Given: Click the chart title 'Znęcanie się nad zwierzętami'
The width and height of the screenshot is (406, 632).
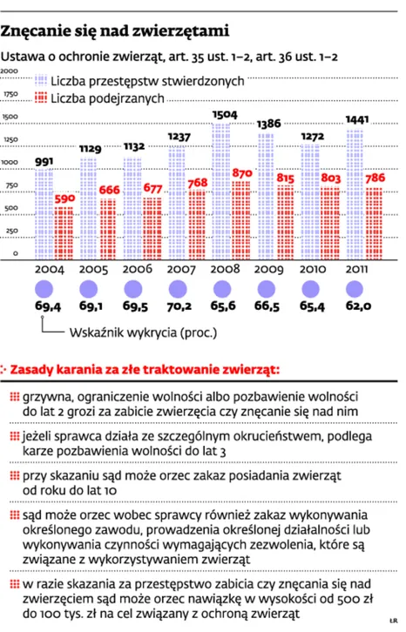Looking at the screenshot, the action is pyautogui.click(x=115, y=31).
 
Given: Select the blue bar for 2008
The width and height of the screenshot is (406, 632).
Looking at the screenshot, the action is pyautogui.click(x=221, y=191).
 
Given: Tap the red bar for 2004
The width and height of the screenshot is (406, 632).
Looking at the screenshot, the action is pyautogui.click(x=64, y=233).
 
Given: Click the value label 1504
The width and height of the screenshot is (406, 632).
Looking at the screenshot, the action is pyautogui.click(x=225, y=114).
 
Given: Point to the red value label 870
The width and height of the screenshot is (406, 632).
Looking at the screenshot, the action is pyautogui.click(x=242, y=173).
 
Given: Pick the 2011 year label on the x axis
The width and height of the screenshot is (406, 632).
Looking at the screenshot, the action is pyautogui.click(x=356, y=269).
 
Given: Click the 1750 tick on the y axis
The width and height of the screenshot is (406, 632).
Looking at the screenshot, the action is pyautogui.click(x=11, y=94).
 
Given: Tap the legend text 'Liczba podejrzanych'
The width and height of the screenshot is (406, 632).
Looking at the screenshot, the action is pyautogui.click(x=107, y=98).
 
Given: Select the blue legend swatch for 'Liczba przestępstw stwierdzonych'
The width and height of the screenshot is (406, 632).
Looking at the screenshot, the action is pyautogui.click(x=41, y=81).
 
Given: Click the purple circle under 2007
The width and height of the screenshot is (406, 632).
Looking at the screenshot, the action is pyautogui.click(x=178, y=289).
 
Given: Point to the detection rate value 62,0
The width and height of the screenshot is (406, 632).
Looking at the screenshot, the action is pyautogui.click(x=358, y=306).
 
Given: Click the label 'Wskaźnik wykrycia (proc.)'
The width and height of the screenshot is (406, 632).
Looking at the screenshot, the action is pyautogui.click(x=143, y=333).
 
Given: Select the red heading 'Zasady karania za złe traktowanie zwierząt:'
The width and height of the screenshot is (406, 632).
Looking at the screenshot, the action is pyautogui.click(x=145, y=369).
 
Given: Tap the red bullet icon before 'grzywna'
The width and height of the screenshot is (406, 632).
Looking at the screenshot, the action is pyautogui.click(x=15, y=397).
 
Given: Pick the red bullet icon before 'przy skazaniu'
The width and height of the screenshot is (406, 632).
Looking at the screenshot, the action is pyautogui.click(x=15, y=475).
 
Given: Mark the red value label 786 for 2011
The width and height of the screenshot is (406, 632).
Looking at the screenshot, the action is pyautogui.click(x=376, y=178).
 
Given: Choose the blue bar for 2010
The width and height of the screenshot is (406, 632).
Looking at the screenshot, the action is pyautogui.click(x=310, y=201).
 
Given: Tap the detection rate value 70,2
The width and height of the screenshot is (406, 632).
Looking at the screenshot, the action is pyautogui.click(x=179, y=306).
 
